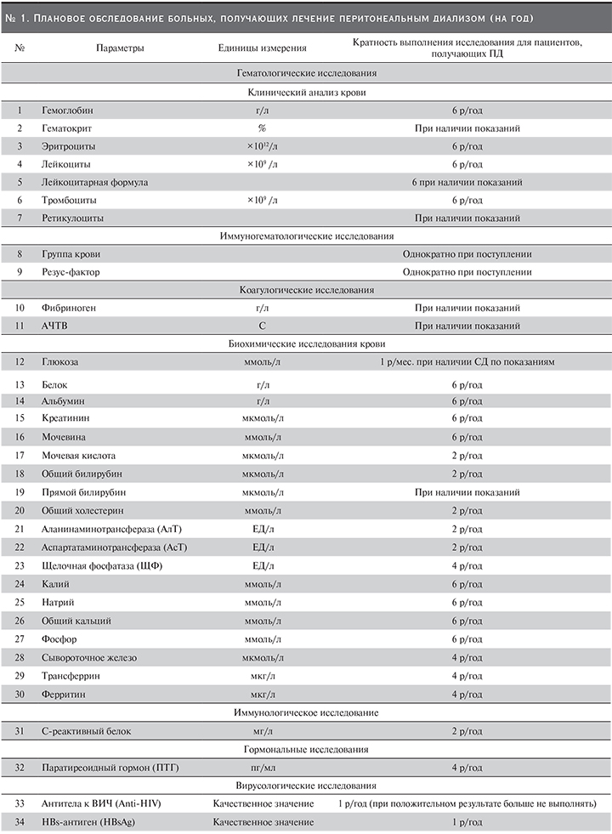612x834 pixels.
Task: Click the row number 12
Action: [19, 363]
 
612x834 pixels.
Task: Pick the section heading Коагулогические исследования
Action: [306, 290]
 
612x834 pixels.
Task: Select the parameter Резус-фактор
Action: [73, 272]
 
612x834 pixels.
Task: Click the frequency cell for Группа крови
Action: [467, 254]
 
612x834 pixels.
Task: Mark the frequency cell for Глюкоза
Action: [467, 363]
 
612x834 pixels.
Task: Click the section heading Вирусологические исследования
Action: [306, 786]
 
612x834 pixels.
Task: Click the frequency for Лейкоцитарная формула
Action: [467, 182]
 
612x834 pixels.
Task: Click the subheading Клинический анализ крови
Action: [306, 93]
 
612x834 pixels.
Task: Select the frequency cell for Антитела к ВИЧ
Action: [467, 804]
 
